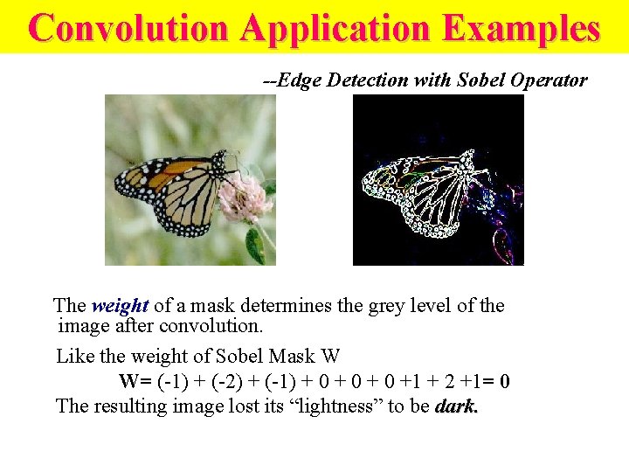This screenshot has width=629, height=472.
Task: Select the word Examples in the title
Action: [522, 28]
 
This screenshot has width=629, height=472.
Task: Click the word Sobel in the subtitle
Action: [482, 80]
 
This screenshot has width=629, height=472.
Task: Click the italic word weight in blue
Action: [120, 306]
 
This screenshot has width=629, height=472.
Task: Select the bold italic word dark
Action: [456, 406]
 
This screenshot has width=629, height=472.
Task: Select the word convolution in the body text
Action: [218, 326]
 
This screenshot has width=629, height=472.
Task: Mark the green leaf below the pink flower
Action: [254, 246]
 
